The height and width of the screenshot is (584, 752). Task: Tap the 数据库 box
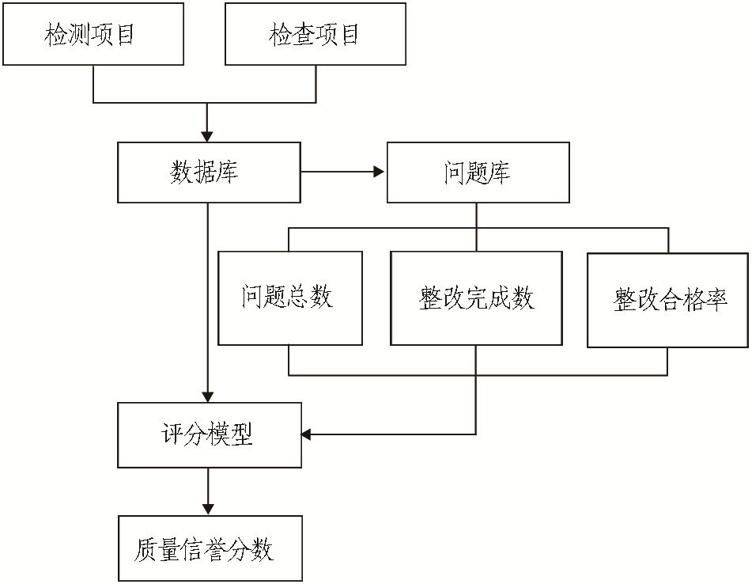click(209, 173)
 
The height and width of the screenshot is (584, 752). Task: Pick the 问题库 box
click(478, 173)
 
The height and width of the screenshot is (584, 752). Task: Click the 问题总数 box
click(289, 298)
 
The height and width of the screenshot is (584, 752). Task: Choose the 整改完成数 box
click(476, 298)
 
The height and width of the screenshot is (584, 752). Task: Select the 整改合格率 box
click(668, 299)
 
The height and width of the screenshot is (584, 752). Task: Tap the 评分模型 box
click(209, 434)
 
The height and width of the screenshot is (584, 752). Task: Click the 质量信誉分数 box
click(210, 548)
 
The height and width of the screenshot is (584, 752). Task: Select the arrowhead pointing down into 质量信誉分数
click(209, 509)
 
